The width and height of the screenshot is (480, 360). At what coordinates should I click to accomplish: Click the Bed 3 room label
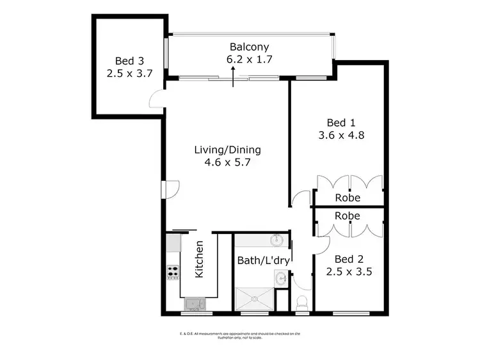[125, 61]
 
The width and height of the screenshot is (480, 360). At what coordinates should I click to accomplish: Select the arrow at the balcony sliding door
[233, 79]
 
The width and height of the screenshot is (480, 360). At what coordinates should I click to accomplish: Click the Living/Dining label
[228, 150]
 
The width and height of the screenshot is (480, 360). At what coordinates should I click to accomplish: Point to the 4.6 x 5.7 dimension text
[228, 163]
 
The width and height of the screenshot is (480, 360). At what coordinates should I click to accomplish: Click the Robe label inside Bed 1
[348, 198]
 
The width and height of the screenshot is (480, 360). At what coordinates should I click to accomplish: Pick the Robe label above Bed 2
[348, 216]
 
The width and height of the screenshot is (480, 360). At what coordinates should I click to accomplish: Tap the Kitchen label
[199, 259]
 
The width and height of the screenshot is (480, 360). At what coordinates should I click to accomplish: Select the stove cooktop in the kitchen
[173, 272]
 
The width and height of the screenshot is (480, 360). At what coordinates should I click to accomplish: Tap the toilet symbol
[302, 304]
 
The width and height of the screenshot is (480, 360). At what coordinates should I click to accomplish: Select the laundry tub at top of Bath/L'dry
[276, 241]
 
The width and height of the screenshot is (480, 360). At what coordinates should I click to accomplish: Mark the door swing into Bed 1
[298, 200]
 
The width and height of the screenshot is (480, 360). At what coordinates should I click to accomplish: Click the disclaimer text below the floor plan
[240, 336]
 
